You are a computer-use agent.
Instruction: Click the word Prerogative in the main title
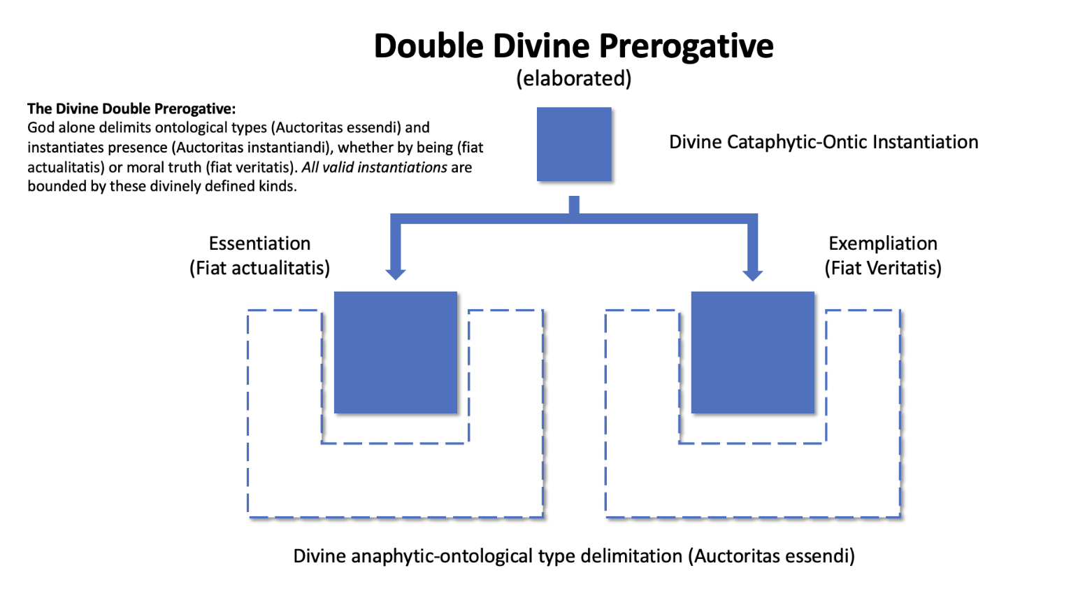686,46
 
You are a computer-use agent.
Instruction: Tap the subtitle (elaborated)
573,78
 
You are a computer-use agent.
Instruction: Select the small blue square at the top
574,144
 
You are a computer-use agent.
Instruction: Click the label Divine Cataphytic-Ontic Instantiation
824,142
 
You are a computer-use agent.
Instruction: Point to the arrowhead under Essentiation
396,274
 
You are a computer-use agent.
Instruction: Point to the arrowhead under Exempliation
752,274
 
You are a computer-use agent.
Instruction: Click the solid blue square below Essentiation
396,353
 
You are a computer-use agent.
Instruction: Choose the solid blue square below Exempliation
752,353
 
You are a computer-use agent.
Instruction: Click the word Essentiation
259,243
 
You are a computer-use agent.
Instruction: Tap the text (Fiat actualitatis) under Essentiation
259,268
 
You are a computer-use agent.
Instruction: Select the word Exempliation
882,243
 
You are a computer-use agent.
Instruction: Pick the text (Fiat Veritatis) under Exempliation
882,268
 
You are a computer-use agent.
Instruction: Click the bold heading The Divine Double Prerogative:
131,108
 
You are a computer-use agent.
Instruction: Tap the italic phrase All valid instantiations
374,167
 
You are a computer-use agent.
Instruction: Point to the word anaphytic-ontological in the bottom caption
442,556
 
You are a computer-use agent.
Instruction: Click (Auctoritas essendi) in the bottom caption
771,556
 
